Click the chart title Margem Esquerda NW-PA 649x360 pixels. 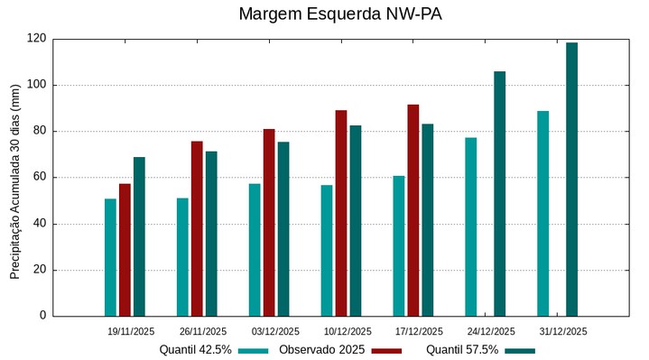pos(340,14)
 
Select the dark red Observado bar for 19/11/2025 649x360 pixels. pos(125,250)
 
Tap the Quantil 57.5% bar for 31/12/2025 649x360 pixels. pos(571,180)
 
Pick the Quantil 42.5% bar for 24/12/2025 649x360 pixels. pos(470,226)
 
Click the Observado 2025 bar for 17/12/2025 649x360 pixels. pos(413,210)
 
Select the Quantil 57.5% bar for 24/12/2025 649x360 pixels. pos(499,194)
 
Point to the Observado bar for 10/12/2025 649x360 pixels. pos(341,213)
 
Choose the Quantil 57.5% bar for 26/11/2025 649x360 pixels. pos(211,234)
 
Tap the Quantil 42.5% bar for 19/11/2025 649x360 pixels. pos(110,257)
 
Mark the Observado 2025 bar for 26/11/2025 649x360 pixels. pos(197,228)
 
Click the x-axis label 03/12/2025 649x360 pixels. pos(275,331)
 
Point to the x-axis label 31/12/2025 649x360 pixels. pos(563,331)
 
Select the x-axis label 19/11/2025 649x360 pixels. pos(131,331)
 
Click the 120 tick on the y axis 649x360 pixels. pos(36,39)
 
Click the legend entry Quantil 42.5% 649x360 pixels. pos(196,350)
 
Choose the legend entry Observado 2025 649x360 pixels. pos(321,350)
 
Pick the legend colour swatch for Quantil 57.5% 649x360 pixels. pos(519,350)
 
